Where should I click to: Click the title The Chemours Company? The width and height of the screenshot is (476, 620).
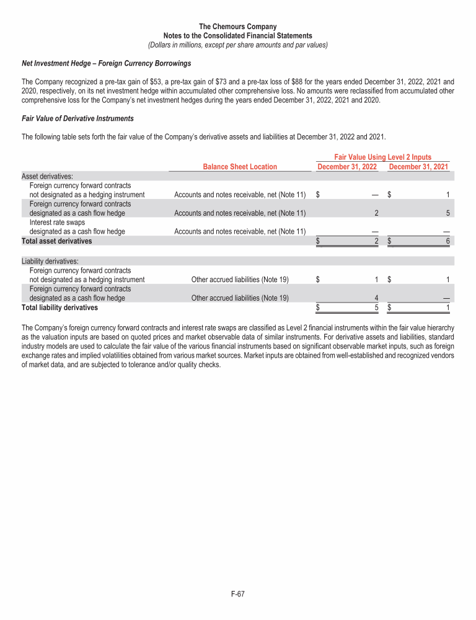point(238,27)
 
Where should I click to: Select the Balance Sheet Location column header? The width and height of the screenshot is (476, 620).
point(240,166)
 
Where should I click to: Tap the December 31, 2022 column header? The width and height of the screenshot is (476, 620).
point(347,166)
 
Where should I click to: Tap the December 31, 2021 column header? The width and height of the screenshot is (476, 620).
point(418,166)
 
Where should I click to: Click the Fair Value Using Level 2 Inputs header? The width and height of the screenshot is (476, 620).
point(382,157)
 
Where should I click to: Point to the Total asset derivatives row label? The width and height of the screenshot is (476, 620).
point(56,241)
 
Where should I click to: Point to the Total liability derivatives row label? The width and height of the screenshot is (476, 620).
point(59,307)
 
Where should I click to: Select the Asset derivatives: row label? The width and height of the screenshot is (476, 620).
point(47,176)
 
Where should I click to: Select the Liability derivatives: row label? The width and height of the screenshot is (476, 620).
point(50,261)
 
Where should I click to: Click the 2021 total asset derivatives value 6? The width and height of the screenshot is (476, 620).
point(447,241)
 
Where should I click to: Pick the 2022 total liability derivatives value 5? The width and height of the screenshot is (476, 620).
point(376,307)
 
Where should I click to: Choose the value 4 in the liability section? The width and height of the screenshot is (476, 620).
point(376,298)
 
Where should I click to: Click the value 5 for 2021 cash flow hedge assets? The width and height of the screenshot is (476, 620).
point(447,213)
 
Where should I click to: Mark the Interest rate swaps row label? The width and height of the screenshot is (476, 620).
point(59,222)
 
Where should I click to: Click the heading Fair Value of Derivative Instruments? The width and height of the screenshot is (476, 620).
point(77,118)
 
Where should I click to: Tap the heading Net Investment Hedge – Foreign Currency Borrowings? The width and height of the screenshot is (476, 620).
point(106,63)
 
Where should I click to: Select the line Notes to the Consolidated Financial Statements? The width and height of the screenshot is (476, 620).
point(238,36)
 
